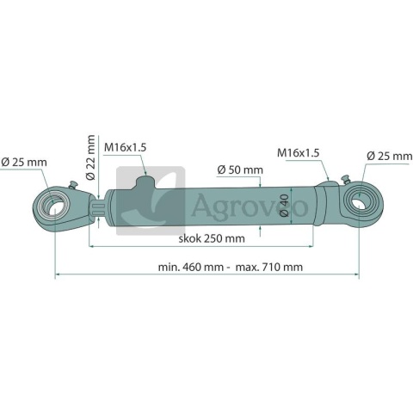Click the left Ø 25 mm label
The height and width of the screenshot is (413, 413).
24,163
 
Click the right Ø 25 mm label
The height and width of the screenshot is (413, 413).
390,157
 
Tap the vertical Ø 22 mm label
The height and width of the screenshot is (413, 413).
90,157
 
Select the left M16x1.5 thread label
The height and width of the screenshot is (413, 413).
125,147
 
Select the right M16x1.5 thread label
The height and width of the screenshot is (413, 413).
298,153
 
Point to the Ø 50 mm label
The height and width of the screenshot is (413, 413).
240,170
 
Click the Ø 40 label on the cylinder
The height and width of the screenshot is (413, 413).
284,206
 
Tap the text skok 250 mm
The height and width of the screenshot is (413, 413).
212,238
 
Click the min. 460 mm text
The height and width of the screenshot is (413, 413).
191,267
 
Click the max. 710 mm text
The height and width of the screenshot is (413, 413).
269,267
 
